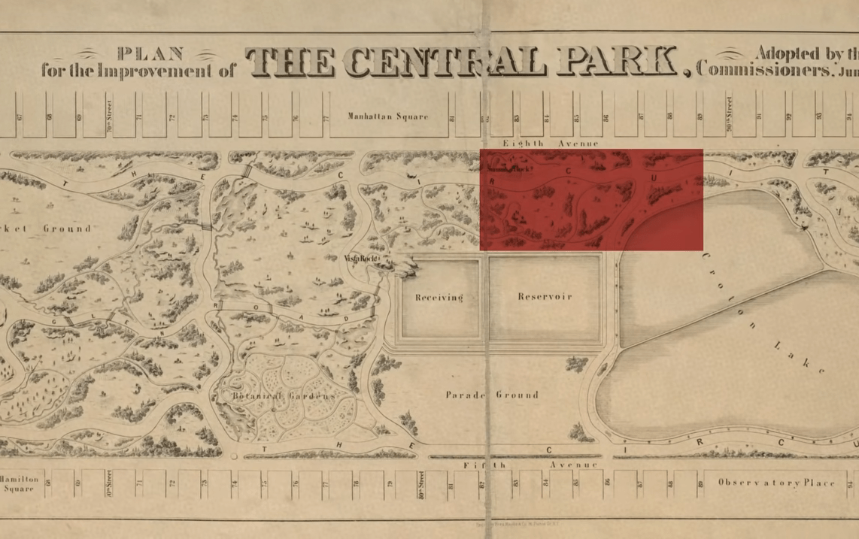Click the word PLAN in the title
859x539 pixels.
(x=151, y=53)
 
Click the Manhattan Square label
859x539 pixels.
(x=387, y=116)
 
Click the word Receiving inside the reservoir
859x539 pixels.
(x=439, y=298)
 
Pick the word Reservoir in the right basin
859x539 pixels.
(x=545, y=297)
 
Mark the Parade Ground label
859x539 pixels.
(x=492, y=395)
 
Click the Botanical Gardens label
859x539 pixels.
(x=283, y=396)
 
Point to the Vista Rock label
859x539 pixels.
(x=360, y=259)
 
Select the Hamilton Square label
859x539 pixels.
(x=18, y=483)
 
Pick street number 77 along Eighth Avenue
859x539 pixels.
(x=326, y=117)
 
